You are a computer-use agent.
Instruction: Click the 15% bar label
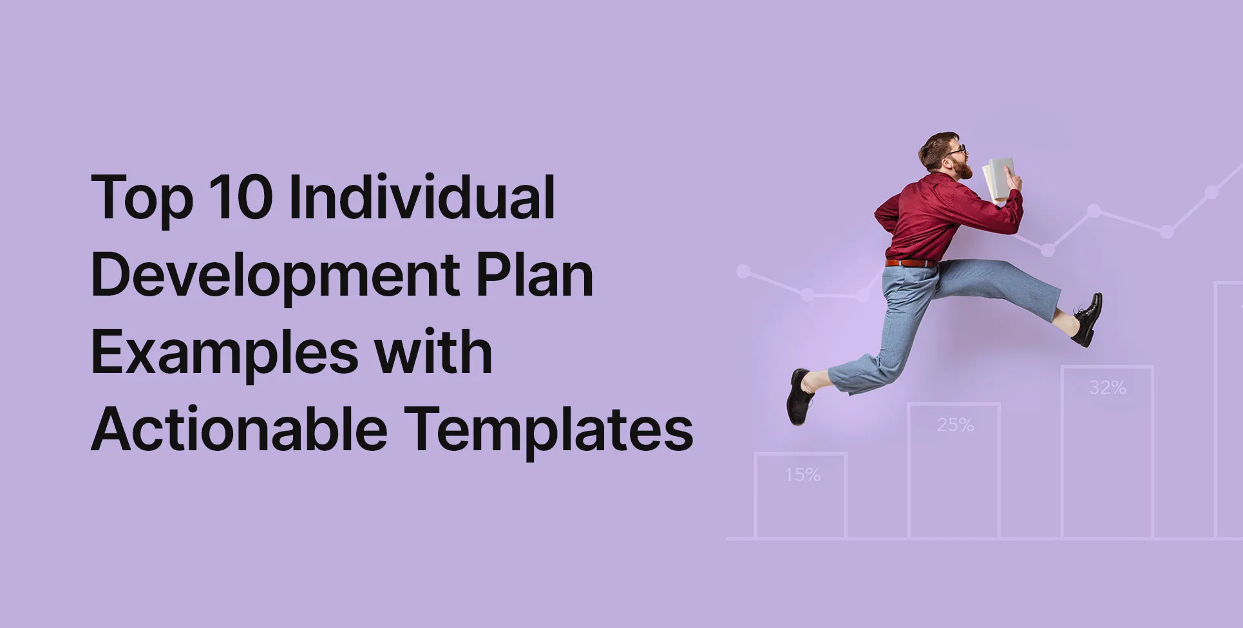click(x=802, y=475)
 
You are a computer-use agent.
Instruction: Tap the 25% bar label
click(x=955, y=425)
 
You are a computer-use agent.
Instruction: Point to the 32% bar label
click(x=1108, y=388)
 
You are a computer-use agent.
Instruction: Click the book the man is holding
click(x=1000, y=178)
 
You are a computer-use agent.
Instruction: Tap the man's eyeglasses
click(x=958, y=151)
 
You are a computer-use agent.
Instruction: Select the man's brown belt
click(x=911, y=263)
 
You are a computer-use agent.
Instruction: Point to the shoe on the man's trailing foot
click(x=799, y=395)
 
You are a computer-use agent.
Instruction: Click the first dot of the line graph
click(x=743, y=271)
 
